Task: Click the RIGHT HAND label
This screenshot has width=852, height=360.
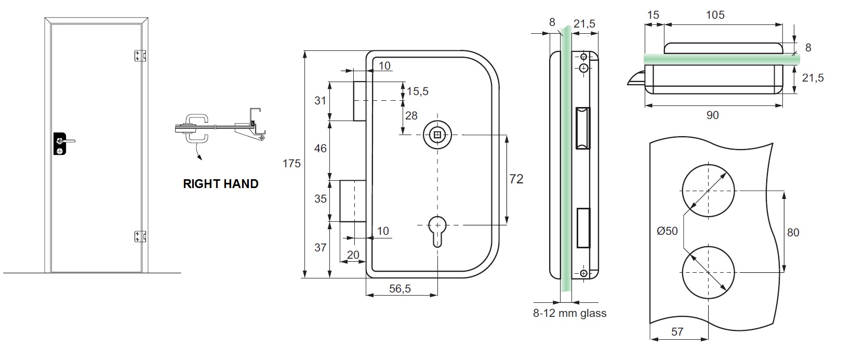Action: click(x=220, y=184)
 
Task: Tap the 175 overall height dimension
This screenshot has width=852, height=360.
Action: click(x=291, y=164)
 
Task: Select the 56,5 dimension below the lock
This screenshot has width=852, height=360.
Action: click(x=400, y=289)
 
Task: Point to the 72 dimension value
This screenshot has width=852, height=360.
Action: click(x=516, y=179)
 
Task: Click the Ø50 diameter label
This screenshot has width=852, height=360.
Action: click(x=667, y=231)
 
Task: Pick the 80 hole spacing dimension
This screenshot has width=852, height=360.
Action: click(x=793, y=232)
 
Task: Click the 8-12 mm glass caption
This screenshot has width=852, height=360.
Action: click(x=569, y=313)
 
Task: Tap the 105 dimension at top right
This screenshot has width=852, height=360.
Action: click(x=715, y=15)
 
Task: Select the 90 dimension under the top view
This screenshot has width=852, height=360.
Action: click(x=713, y=115)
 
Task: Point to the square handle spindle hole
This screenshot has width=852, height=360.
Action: click(x=437, y=135)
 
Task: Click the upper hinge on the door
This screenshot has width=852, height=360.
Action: click(x=140, y=56)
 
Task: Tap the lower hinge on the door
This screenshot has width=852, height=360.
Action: click(x=140, y=236)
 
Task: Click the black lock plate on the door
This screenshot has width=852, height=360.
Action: click(x=60, y=144)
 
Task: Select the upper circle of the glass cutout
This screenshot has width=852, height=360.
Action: click(x=708, y=191)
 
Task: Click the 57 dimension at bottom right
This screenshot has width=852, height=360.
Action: click(x=677, y=331)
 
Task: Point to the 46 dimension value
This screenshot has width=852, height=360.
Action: click(x=321, y=149)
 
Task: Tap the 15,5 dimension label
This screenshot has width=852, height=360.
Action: click(x=418, y=91)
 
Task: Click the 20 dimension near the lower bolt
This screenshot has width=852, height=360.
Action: click(x=353, y=255)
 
